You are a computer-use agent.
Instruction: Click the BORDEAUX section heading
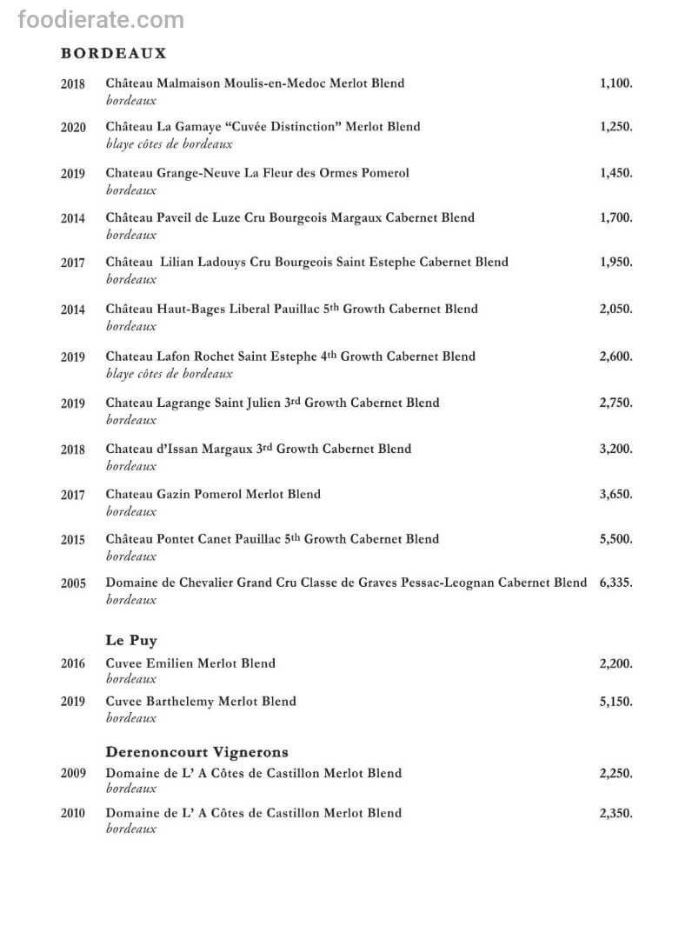(113, 54)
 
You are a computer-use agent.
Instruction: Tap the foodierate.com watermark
(101, 20)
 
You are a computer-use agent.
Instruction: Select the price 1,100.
(616, 83)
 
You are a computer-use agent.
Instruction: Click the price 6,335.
(616, 583)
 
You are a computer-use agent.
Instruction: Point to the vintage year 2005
(73, 583)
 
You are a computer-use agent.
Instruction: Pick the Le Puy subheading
(130, 641)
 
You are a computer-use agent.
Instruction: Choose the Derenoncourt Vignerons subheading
(196, 752)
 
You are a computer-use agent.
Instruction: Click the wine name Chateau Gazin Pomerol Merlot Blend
(213, 494)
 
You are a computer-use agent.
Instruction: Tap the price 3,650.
(616, 494)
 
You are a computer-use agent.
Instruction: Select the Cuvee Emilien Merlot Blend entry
(190, 663)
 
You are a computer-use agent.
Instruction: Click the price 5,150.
(616, 702)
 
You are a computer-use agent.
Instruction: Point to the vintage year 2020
(73, 128)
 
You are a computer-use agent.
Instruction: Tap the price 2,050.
(616, 309)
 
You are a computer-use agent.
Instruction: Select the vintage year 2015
(73, 540)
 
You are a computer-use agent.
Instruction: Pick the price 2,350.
(616, 813)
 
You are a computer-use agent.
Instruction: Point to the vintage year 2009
(73, 774)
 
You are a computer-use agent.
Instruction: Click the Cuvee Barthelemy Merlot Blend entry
(201, 702)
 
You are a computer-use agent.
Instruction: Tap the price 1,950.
(616, 262)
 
